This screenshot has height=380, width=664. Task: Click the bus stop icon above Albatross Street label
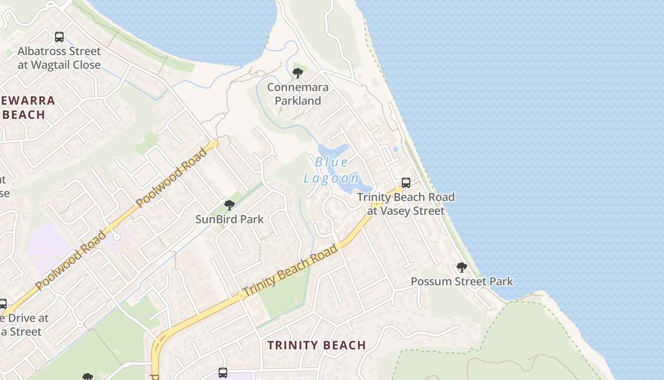coord(59,37)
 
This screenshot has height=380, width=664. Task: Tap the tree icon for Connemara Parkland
coord(298,73)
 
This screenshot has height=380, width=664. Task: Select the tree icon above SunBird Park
coord(230,205)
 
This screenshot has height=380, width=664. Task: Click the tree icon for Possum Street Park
coord(461,267)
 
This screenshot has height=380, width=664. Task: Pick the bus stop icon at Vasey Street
coord(406,183)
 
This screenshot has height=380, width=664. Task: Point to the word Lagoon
coord(332,178)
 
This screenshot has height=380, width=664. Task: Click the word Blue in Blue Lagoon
coord(332,162)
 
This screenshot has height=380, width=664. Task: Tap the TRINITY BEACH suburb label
coord(316,345)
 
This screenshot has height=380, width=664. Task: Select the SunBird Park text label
coord(230,219)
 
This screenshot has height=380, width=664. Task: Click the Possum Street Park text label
coord(461,281)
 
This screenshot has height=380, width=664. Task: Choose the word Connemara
coord(298,87)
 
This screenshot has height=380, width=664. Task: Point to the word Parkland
coord(298,101)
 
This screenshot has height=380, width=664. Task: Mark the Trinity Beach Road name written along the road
coord(290,270)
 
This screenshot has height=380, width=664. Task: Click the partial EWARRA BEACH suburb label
coord(28,107)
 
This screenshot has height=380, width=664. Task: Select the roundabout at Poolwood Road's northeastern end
coord(214,143)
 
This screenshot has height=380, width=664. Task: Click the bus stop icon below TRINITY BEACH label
coord(223,372)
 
